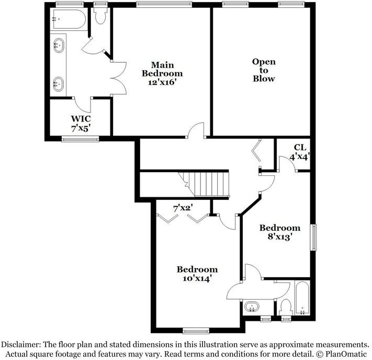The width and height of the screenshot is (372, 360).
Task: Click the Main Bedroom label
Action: [163, 69]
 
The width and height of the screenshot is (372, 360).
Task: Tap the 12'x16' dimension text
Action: [163, 83]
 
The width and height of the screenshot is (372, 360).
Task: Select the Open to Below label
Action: [264, 70]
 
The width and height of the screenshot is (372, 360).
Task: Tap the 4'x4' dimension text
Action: [300, 156]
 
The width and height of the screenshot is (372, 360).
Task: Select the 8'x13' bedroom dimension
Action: [280, 237]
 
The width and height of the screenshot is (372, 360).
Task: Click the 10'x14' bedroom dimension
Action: [196, 279]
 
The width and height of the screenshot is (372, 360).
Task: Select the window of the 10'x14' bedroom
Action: [196, 331]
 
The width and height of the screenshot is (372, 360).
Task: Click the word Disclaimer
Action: [23, 345]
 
